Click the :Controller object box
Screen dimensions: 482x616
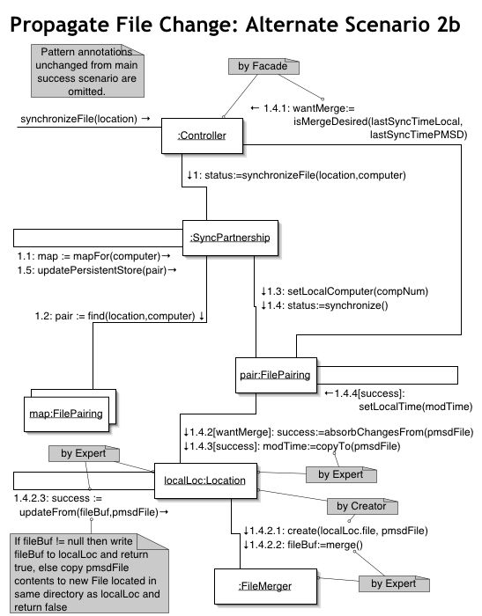(203, 136)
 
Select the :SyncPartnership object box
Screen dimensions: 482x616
(230, 238)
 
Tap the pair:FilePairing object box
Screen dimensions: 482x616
(276, 375)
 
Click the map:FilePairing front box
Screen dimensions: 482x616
(66, 414)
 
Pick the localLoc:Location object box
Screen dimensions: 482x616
(205, 480)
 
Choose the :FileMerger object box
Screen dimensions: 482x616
(265, 586)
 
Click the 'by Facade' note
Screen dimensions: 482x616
(263, 66)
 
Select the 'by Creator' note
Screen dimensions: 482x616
(362, 506)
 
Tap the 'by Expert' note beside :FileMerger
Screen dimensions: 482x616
(394, 583)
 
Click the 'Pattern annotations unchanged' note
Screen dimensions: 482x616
(87, 70)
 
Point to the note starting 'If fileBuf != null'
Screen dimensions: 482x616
(89, 573)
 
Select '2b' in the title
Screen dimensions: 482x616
(448, 25)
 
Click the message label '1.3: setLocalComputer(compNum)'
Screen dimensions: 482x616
(345, 291)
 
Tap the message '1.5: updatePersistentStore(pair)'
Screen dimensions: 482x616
(96, 270)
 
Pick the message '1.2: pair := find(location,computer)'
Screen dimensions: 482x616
(120, 316)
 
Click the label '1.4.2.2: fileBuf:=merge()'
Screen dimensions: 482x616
(303, 545)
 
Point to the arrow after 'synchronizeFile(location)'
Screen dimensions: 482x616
(145, 119)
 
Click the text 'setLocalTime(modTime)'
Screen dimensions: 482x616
(416, 407)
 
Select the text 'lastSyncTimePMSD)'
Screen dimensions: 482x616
(419, 135)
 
